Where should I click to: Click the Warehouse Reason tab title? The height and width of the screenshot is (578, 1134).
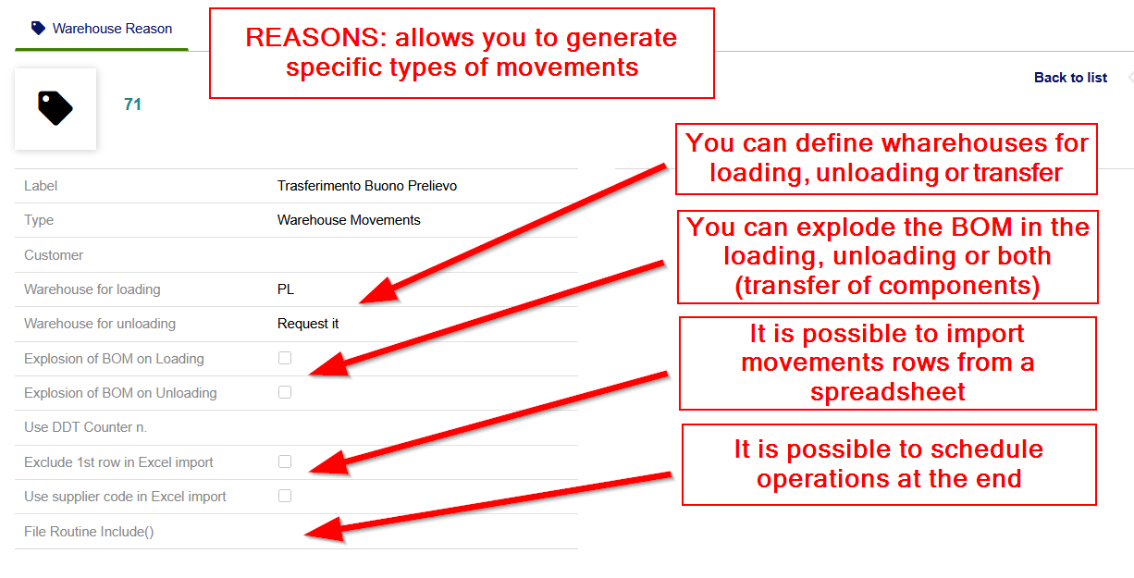click(x=112, y=29)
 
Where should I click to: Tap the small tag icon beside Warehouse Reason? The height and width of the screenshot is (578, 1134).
click(x=38, y=28)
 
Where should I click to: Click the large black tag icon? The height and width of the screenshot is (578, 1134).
click(x=55, y=108)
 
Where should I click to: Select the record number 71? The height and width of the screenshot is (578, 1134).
click(x=132, y=105)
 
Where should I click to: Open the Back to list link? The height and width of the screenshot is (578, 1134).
click(x=1070, y=78)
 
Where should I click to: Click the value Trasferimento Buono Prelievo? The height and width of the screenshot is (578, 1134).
click(x=366, y=186)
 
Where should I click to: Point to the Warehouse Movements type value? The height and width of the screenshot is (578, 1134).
click(x=349, y=220)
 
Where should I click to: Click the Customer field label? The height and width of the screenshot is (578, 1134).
click(x=54, y=255)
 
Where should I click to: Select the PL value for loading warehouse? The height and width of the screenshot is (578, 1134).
click(x=286, y=289)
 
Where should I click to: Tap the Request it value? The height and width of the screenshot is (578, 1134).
click(x=308, y=324)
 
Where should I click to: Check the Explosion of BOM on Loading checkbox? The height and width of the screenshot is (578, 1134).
click(x=285, y=358)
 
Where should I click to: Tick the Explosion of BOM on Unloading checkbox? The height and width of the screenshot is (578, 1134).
click(x=285, y=392)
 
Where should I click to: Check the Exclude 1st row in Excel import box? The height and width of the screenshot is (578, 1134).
click(x=285, y=461)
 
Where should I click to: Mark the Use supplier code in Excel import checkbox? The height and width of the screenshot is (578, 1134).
click(x=285, y=496)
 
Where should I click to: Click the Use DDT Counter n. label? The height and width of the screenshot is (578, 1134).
click(x=85, y=427)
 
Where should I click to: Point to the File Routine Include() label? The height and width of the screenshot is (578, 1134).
click(x=89, y=532)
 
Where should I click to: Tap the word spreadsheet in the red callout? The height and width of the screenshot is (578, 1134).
click(x=888, y=392)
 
